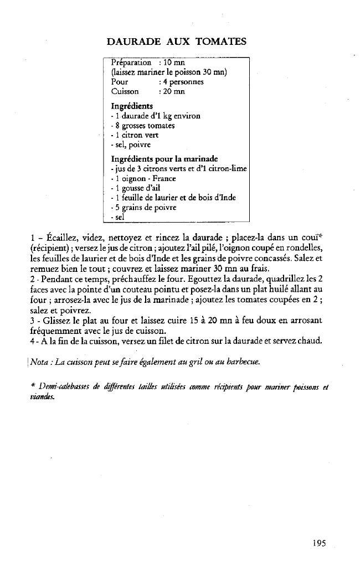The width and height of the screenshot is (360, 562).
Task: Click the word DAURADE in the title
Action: pyautogui.click(x=133, y=42)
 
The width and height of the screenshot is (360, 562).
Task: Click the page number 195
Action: pyautogui.click(x=319, y=543)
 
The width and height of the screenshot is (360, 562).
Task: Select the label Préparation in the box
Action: pyautogui.click(x=131, y=63)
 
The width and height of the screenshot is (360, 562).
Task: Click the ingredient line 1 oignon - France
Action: pyautogui.click(x=143, y=178)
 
